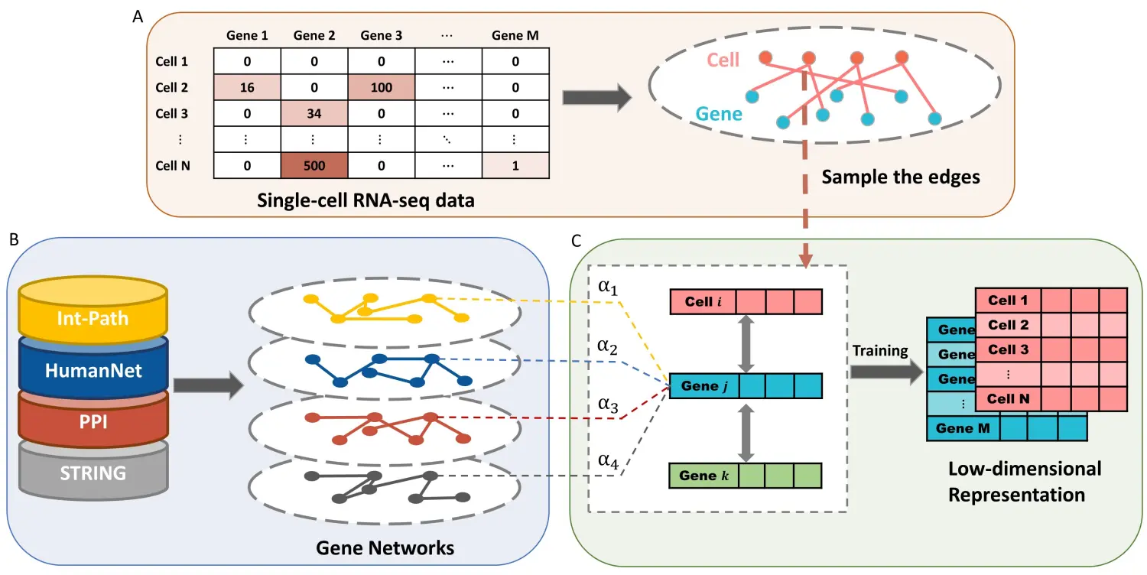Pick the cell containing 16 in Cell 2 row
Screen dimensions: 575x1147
coord(246,87)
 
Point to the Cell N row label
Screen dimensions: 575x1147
coord(172,166)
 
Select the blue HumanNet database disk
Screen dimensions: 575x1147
coord(93,370)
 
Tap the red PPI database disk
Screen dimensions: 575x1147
coord(93,421)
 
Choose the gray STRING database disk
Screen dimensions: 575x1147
coord(93,473)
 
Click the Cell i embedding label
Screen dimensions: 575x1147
coord(703,301)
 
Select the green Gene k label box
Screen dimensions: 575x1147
coord(703,476)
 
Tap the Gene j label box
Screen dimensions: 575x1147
coord(703,386)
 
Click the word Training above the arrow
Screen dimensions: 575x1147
coord(880,351)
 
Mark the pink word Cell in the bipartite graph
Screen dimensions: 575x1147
coord(723,60)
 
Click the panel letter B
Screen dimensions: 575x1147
coord(13,239)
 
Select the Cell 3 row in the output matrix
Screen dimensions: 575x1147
coord(1008,349)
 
